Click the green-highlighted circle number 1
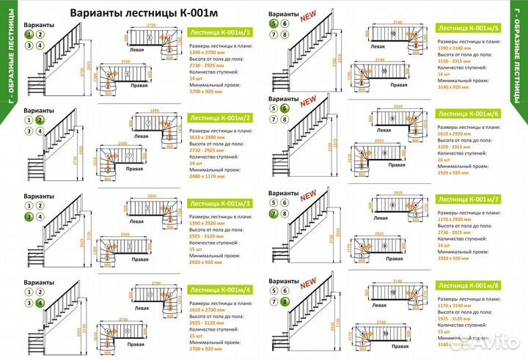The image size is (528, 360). (x=29, y=34)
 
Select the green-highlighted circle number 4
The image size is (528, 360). (x=40, y=301)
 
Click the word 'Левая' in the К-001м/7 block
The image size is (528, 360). (x=381, y=218)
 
